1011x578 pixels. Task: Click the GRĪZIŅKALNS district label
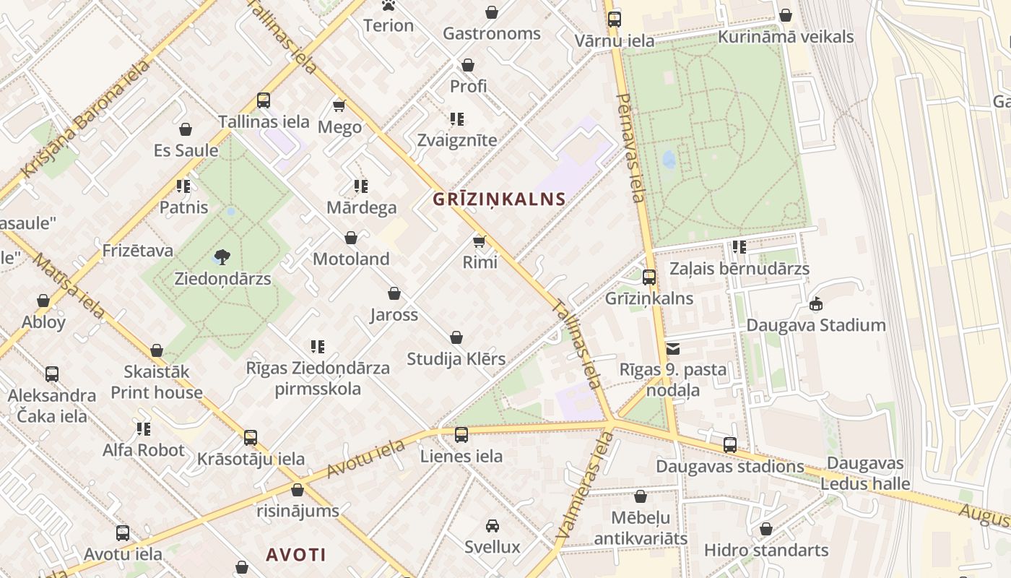(499, 199)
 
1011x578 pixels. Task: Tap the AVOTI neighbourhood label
(296, 555)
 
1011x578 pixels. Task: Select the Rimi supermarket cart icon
(479, 241)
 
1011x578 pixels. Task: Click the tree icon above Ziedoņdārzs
(222, 257)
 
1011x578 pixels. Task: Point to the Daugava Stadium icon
(816, 304)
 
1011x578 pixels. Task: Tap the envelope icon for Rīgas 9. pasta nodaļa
(673, 349)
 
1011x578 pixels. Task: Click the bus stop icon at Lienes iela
(461, 435)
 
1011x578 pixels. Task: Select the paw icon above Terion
(389, 6)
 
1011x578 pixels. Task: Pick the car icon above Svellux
(493, 526)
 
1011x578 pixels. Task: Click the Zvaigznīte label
(457, 140)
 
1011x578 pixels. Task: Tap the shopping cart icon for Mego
(339, 106)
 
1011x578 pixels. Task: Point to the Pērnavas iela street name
(630, 148)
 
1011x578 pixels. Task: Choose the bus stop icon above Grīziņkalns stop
(649, 277)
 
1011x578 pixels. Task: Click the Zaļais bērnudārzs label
(739, 269)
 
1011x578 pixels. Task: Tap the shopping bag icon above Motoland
(351, 238)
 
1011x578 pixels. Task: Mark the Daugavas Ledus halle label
(865, 474)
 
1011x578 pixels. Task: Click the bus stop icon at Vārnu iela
(614, 20)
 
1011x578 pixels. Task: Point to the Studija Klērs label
(456, 359)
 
